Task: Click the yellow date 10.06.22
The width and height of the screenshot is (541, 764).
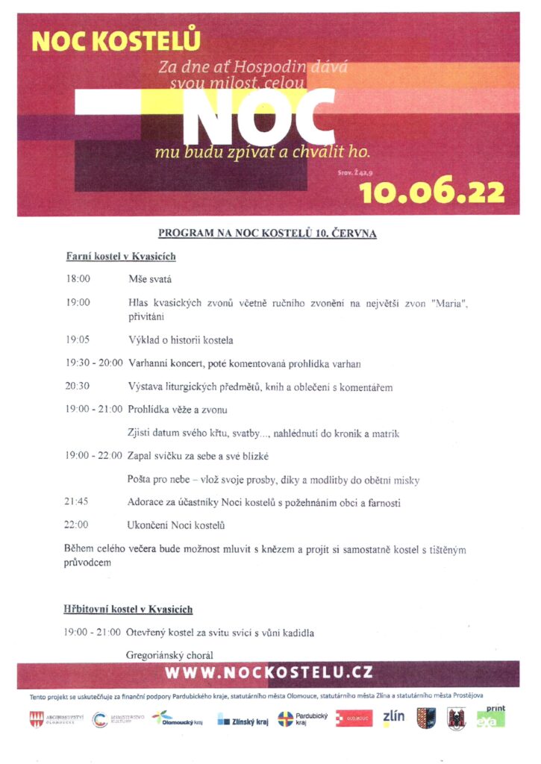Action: pyautogui.click(x=431, y=192)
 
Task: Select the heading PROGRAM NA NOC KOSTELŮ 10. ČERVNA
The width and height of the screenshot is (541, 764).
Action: pyautogui.click(x=267, y=233)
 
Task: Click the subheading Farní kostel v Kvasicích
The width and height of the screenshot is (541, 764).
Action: pyautogui.click(x=121, y=257)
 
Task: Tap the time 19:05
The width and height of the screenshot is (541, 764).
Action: pyautogui.click(x=78, y=340)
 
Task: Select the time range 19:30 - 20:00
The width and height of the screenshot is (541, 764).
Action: pyautogui.click(x=94, y=363)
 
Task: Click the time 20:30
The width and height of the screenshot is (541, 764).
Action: pyautogui.click(x=78, y=387)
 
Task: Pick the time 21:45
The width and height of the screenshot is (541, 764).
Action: pyautogui.click(x=78, y=503)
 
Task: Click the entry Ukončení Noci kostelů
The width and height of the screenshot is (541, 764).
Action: pyautogui.click(x=176, y=525)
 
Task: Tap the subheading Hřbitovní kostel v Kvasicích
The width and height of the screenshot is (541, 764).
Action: pyautogui.click(x=128, y=610)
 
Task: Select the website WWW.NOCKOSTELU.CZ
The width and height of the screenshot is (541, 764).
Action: pyautogui.click(x=269, y=673)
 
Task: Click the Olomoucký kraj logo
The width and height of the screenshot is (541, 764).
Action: pyautogui.click(x=176, y=718)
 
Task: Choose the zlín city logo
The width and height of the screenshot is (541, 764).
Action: pyautogui.click(x=393, y=718)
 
